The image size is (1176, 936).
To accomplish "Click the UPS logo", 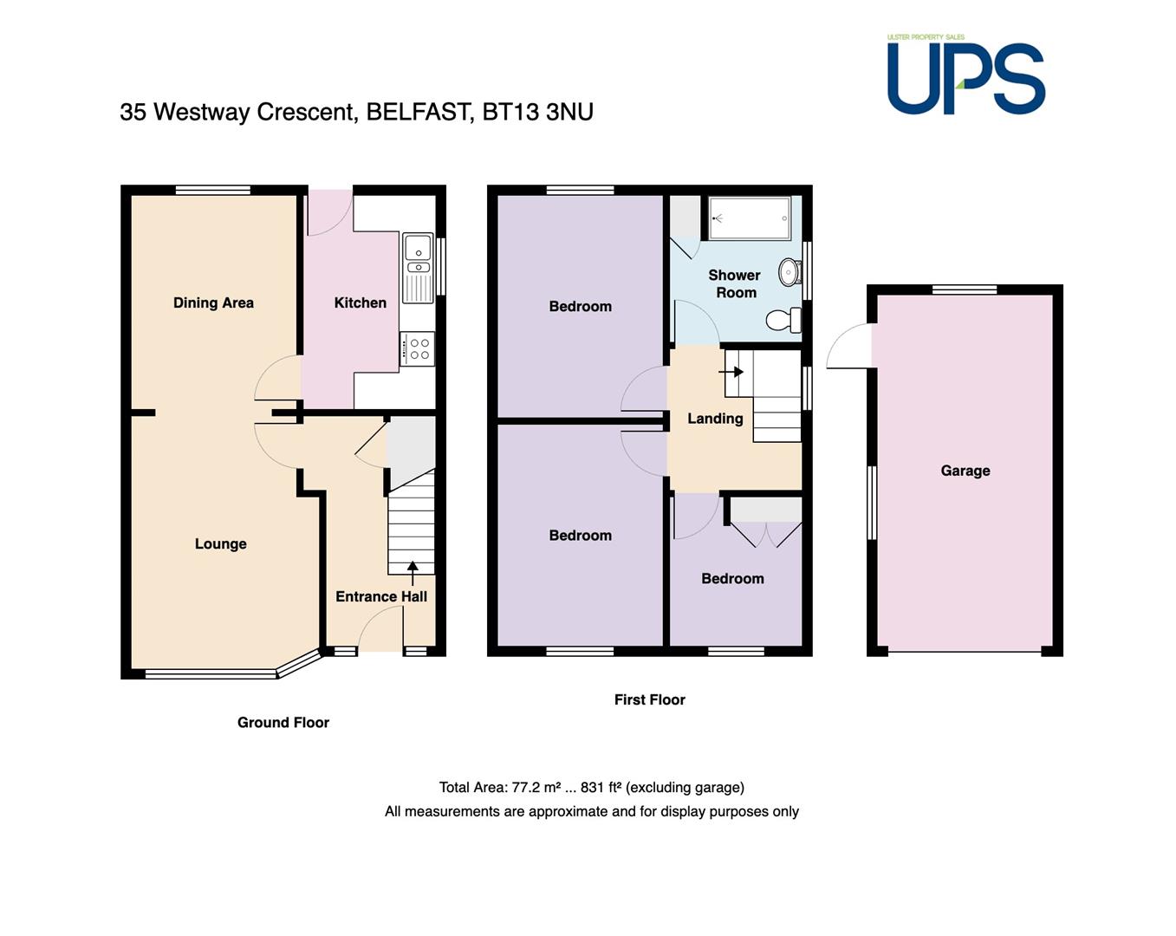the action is coord(965,75).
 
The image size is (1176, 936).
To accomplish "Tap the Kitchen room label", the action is coord(361,302).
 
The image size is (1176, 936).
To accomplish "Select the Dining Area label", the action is coord(213,302).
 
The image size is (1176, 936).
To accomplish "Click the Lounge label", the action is coord(220,543).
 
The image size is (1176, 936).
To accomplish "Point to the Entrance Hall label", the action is coord(381,596).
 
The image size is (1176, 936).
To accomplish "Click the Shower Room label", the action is coord(735,283).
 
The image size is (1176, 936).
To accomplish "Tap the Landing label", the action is coord(715,419).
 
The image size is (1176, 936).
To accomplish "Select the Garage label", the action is coord(965,471).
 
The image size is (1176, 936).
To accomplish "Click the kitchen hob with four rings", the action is coord(418,348).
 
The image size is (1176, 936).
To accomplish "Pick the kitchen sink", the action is coord(418,269).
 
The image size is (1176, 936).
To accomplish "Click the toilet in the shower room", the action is coord(783,320).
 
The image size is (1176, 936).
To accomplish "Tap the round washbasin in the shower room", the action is coord(789,272).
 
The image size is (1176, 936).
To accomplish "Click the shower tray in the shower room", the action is coord(750,218).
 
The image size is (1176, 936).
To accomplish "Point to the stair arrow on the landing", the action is coord(731,372).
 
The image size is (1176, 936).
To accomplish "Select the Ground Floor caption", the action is coord(283,722).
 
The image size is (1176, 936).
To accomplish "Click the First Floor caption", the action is coord(649,699).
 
